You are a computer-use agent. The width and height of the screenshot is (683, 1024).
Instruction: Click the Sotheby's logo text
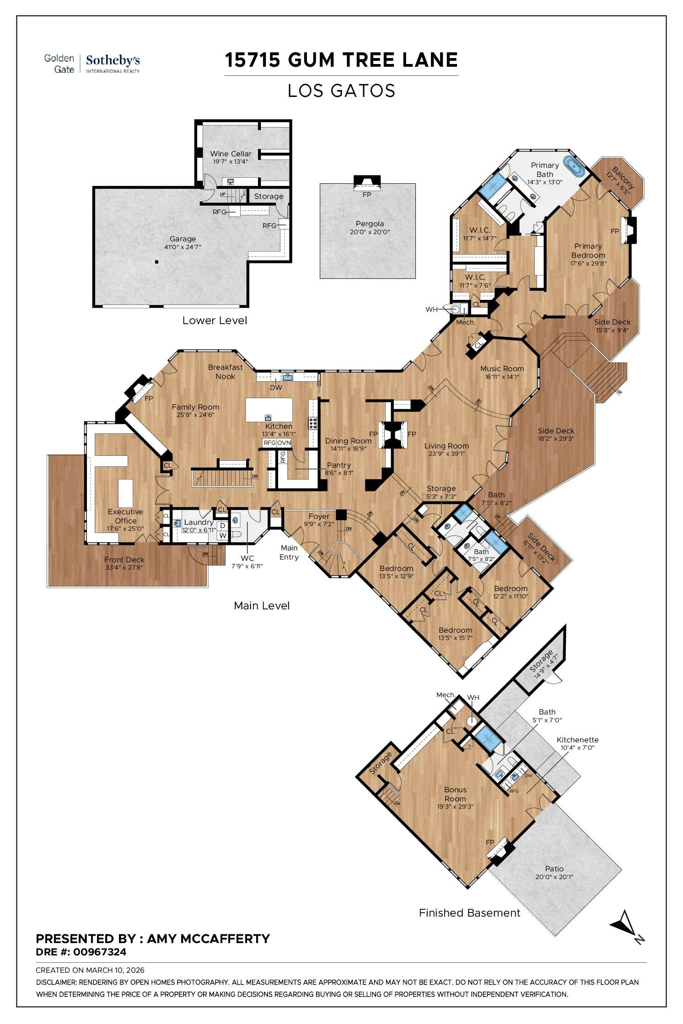(113, 60)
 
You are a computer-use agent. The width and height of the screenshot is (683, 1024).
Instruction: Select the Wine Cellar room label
(231, 154)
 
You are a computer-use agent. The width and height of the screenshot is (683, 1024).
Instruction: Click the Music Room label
(502, 368)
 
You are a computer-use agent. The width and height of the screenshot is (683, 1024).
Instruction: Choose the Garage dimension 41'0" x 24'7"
(183, 247)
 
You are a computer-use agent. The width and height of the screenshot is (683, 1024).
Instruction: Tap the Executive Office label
(125, 516)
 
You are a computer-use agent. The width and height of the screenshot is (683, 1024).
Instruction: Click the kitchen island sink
(268, 417)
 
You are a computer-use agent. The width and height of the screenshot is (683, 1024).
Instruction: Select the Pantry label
(339, 465)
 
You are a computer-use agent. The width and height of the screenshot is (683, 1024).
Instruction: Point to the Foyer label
(319, 517)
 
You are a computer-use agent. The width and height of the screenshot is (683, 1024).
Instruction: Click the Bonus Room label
(455, 789)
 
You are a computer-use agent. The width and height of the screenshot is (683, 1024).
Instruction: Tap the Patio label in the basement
(554, 869)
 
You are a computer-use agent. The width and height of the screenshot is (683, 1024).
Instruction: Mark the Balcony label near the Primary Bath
(622, 177)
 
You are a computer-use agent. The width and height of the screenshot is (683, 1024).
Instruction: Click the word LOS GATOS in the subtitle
(341, 91)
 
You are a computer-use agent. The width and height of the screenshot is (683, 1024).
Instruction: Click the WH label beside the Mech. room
(431, 309)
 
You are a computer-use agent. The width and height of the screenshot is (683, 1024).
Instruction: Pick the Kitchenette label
(577, 740)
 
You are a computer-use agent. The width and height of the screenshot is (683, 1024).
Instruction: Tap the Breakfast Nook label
(225, 371)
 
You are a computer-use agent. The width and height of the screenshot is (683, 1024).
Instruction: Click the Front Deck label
(124, 560)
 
